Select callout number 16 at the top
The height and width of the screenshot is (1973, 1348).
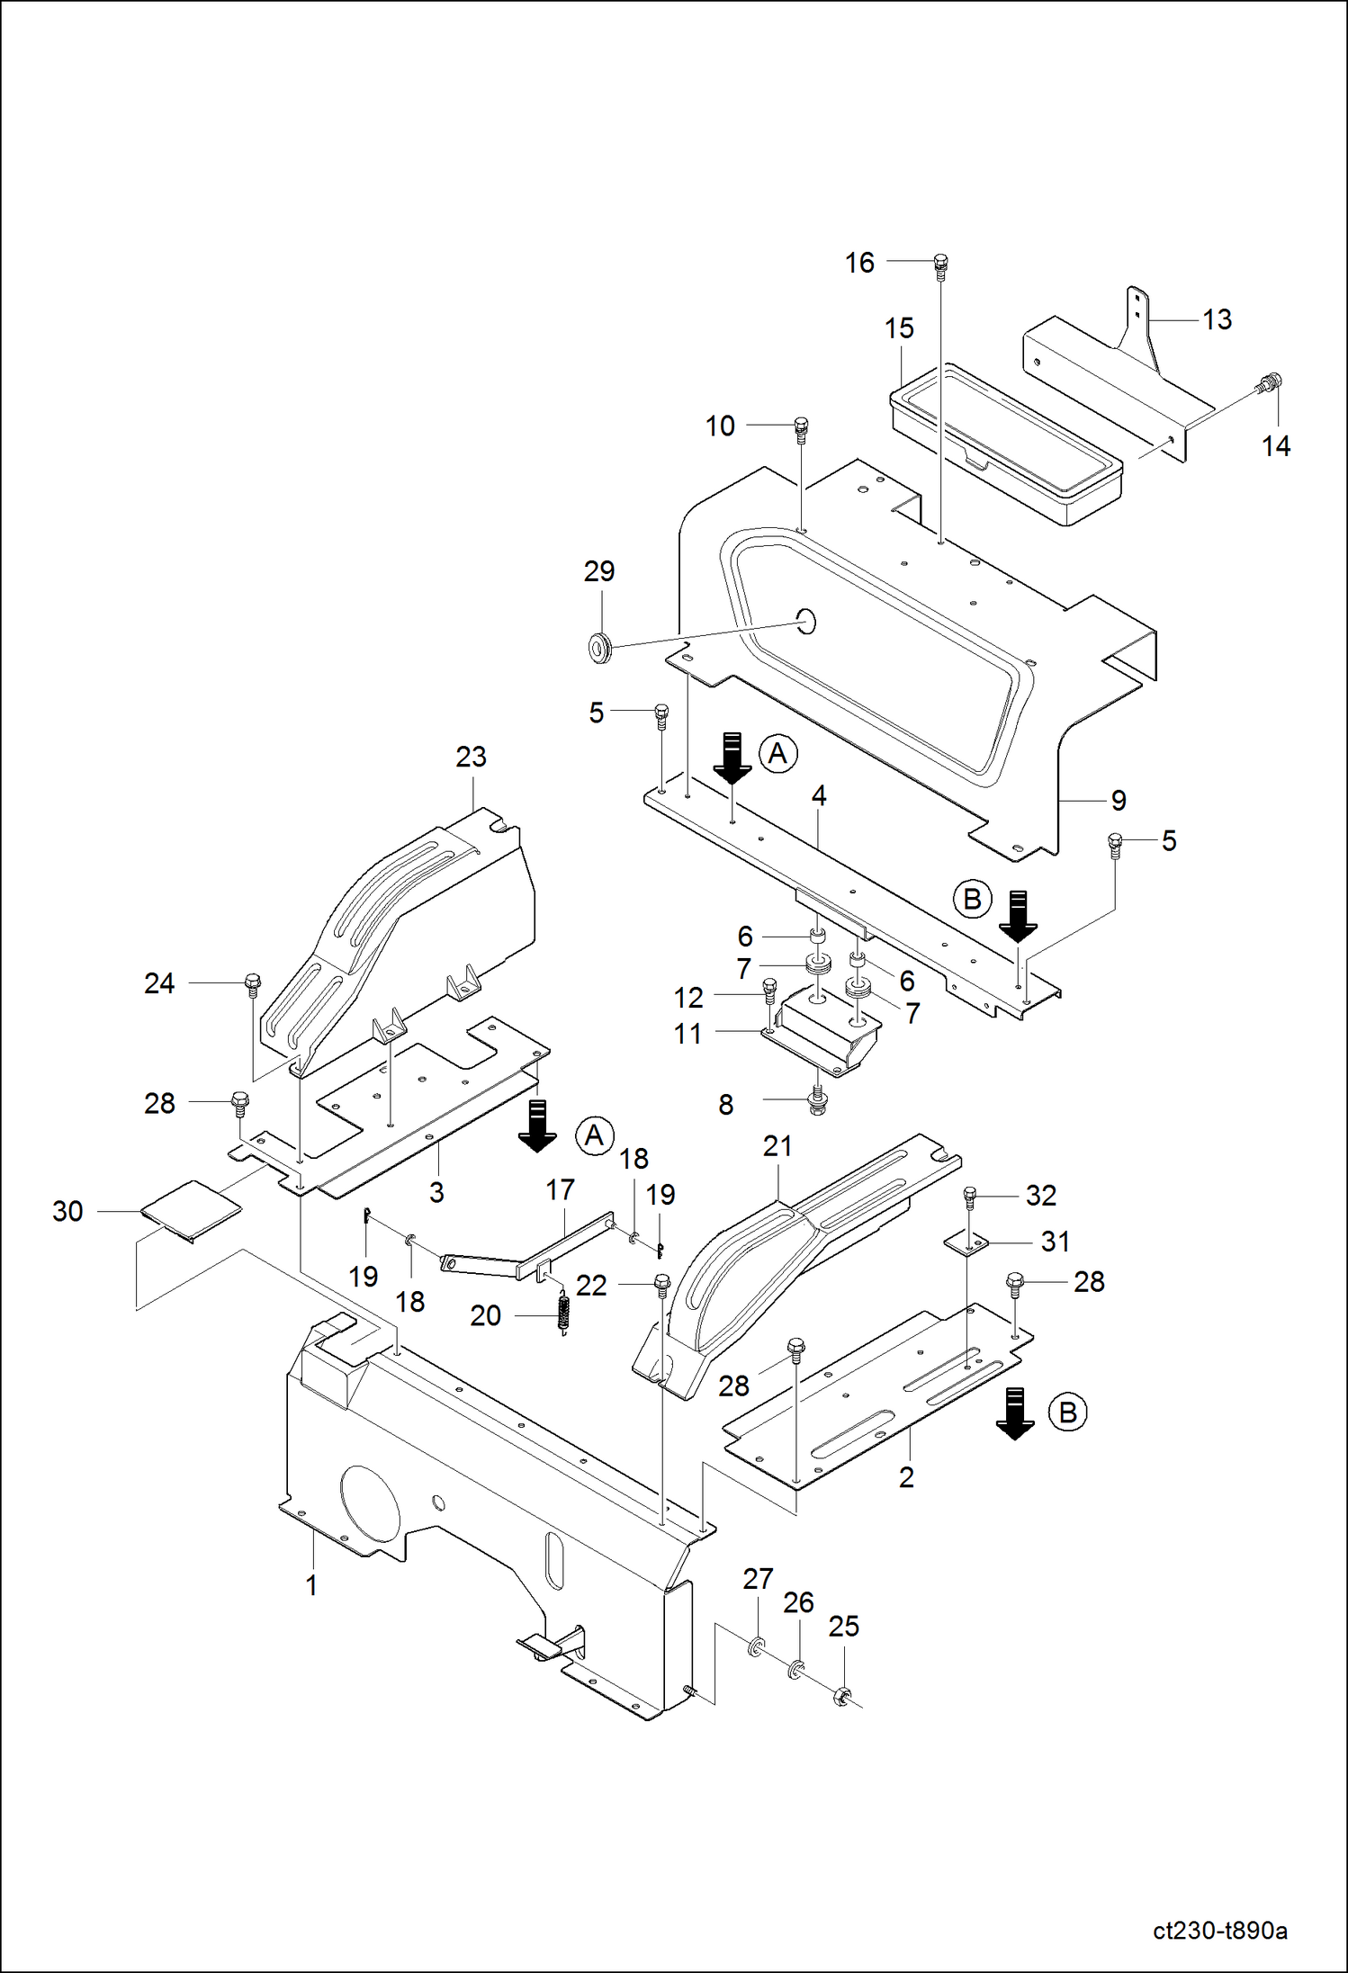(859, 263)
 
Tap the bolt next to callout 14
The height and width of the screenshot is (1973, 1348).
(1270, 384)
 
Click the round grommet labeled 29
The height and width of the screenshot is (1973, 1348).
(598, 645)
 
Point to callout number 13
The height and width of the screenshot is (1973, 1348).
(1217, 319)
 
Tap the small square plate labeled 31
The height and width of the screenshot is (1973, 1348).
(966, 1243)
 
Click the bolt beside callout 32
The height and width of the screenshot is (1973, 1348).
(969, 1197)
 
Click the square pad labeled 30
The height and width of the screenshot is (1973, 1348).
(191, 1210)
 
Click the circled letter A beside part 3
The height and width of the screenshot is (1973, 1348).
(594, 1135)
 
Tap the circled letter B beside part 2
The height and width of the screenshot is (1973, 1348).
(1067, 1412)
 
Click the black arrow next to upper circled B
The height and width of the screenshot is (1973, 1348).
(1018, 913)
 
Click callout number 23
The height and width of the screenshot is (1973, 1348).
(471, 758)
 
